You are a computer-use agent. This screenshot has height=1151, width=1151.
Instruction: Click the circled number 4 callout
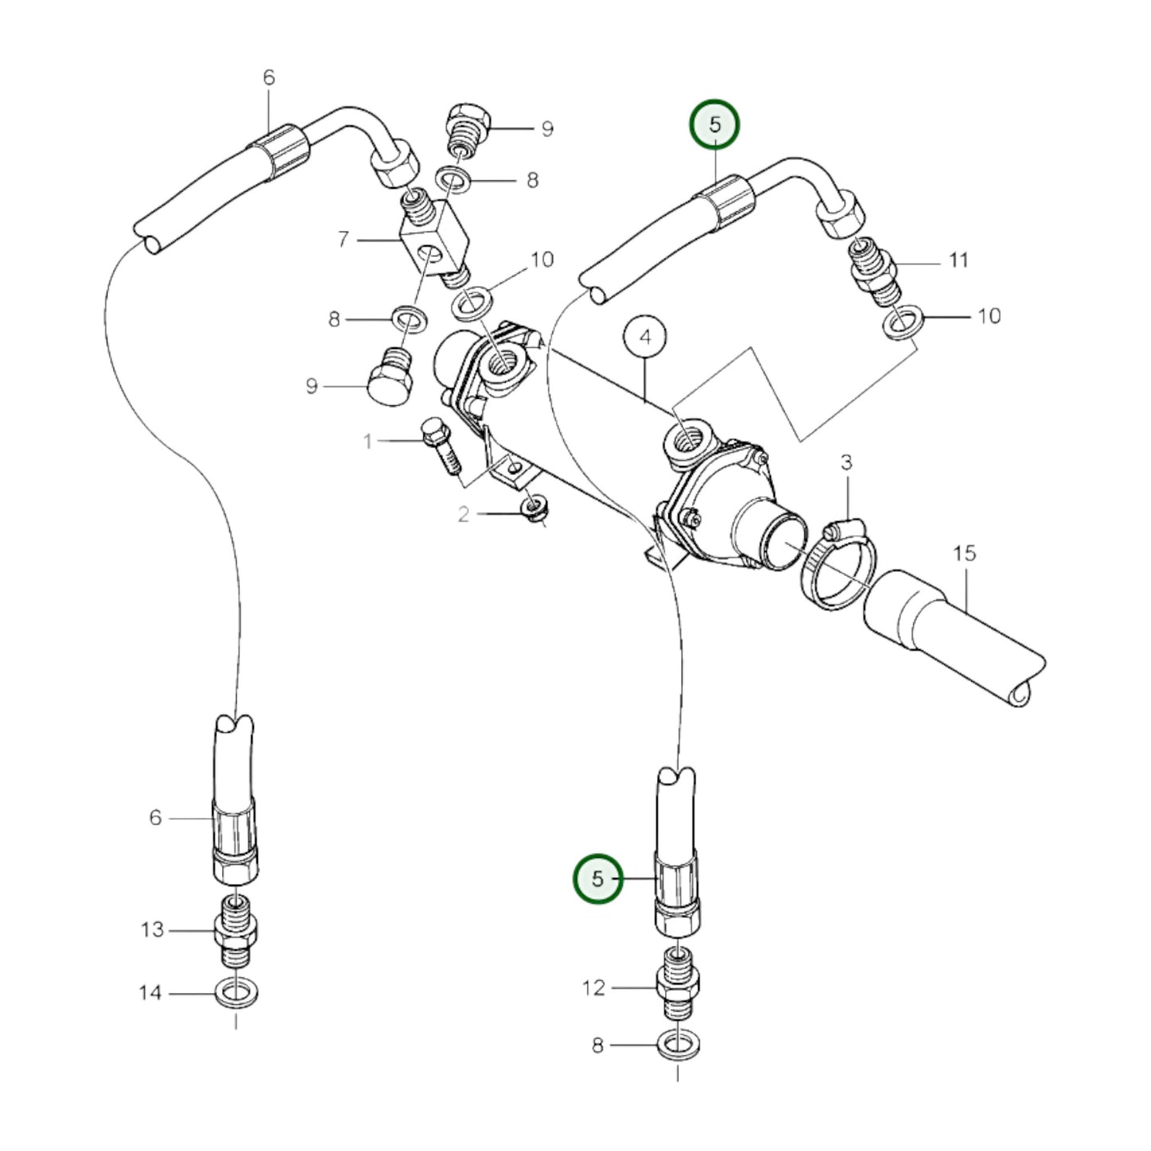point(645,338)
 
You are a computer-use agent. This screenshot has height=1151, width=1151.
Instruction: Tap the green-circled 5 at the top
point(714,125)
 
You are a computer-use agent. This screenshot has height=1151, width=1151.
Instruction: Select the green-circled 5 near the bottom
point(597,879)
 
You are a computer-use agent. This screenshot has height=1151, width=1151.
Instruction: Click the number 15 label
point(964,553)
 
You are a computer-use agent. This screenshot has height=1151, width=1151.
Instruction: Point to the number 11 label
point(958,260)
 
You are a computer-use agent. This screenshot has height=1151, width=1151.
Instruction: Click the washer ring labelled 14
point(236,993)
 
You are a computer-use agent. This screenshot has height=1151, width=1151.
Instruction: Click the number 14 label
point(150,993)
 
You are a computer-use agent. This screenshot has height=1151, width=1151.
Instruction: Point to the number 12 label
point(593,988)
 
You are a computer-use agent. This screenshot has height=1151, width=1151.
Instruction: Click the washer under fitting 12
point(678,1043)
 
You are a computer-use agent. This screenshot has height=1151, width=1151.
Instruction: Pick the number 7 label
point(343,238)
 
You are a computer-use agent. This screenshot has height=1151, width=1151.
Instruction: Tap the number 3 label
point(846,462)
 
